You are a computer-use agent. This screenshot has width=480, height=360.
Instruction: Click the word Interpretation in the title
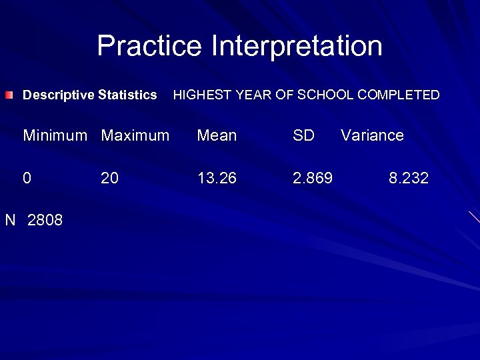pos(297,46)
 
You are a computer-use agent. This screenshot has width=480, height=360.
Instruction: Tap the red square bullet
pos(7,95)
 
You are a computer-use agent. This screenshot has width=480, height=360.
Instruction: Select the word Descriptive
pos(59,95)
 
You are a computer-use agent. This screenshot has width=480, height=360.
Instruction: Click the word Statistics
pos(127,95)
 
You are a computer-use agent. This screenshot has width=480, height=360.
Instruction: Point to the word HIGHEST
pos(199,95)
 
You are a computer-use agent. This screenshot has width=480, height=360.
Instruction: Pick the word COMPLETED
pos(399,95)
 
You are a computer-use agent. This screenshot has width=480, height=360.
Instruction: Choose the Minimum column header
pos(55,136)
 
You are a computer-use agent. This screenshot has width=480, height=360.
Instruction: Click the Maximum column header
pos(135,136)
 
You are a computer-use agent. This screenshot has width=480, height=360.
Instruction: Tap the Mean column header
pos(217,136)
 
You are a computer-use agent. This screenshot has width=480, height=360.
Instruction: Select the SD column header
pos(303,136)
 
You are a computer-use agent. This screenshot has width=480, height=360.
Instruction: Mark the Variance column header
pos(372,136)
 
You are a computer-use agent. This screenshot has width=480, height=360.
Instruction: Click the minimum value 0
pos(27,179)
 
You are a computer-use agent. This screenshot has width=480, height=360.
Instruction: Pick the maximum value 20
pos(109,179)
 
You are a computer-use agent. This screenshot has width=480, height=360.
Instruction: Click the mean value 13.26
pos(217,179)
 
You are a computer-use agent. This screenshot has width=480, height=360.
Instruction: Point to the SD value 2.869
pos(313,179)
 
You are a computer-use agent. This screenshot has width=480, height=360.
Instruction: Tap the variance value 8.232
pos(409,179)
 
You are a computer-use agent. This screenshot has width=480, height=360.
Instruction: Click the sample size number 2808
pos(45,221)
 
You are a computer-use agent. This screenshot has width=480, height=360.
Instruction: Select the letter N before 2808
pos(11,221)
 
